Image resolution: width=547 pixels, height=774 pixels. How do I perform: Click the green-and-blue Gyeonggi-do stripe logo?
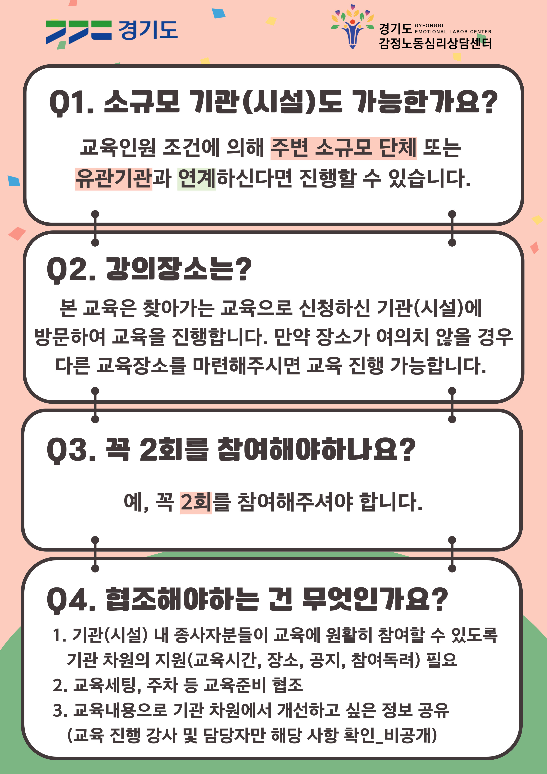pyautogui.click(x=78, y=32)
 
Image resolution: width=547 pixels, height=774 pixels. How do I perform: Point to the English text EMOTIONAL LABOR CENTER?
pyautogui.click(x=453, y=32)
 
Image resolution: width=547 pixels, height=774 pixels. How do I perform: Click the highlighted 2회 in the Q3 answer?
pyautogui.click(x=196, y=502)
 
